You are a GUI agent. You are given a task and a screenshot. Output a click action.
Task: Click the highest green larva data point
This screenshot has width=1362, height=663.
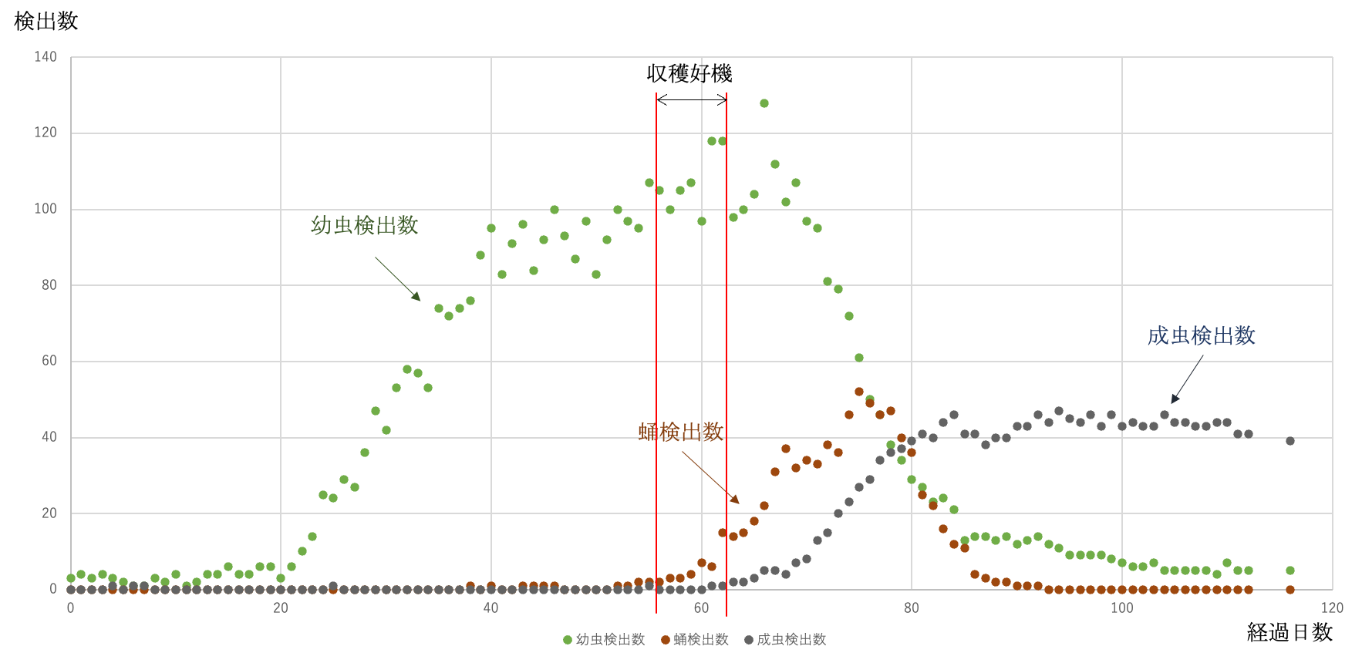[x=764, y=103]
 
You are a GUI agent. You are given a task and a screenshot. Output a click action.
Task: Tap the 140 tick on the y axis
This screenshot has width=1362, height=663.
[x=46, y=56]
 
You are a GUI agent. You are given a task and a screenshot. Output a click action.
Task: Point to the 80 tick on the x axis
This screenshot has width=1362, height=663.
[x=911, y=607]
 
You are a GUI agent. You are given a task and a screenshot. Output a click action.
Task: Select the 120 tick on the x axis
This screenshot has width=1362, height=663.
[x=1332, y=607]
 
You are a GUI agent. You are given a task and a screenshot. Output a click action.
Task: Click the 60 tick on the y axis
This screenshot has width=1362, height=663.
[x=49, y=361]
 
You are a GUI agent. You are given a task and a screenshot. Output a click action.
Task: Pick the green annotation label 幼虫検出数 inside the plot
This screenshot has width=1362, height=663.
[x=364, y=225]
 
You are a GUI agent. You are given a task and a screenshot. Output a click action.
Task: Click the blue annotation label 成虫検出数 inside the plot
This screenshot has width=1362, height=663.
[x=1201, y=336]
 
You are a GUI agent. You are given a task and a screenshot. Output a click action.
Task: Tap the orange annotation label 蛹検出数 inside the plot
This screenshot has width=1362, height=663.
[x=680, y=431]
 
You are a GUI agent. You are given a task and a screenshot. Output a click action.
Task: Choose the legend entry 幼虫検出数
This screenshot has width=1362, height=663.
[x=604, y=640]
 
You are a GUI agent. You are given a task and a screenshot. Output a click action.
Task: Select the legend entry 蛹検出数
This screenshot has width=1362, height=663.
[x=695, y=640]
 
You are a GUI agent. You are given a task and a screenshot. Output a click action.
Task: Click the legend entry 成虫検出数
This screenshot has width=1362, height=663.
[x=785, y=640]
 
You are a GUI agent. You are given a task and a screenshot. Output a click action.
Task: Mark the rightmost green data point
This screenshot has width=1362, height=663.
[x=1290, y=570]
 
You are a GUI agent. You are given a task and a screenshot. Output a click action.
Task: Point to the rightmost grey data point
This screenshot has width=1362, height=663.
[x=1290, y=441]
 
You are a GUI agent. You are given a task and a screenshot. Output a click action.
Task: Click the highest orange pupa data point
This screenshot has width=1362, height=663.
[x=859, y=392]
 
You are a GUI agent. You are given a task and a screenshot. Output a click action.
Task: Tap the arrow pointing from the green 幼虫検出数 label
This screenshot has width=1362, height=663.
[x=397, y=278]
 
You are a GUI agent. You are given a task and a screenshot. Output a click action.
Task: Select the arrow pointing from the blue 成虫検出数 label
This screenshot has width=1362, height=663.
[x=1187, y=379]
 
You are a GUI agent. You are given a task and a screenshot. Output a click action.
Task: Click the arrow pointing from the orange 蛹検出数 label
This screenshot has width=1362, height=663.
[x=710, y=478]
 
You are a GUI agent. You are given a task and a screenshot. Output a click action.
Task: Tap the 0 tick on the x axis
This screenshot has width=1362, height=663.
[x=70, y=607]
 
